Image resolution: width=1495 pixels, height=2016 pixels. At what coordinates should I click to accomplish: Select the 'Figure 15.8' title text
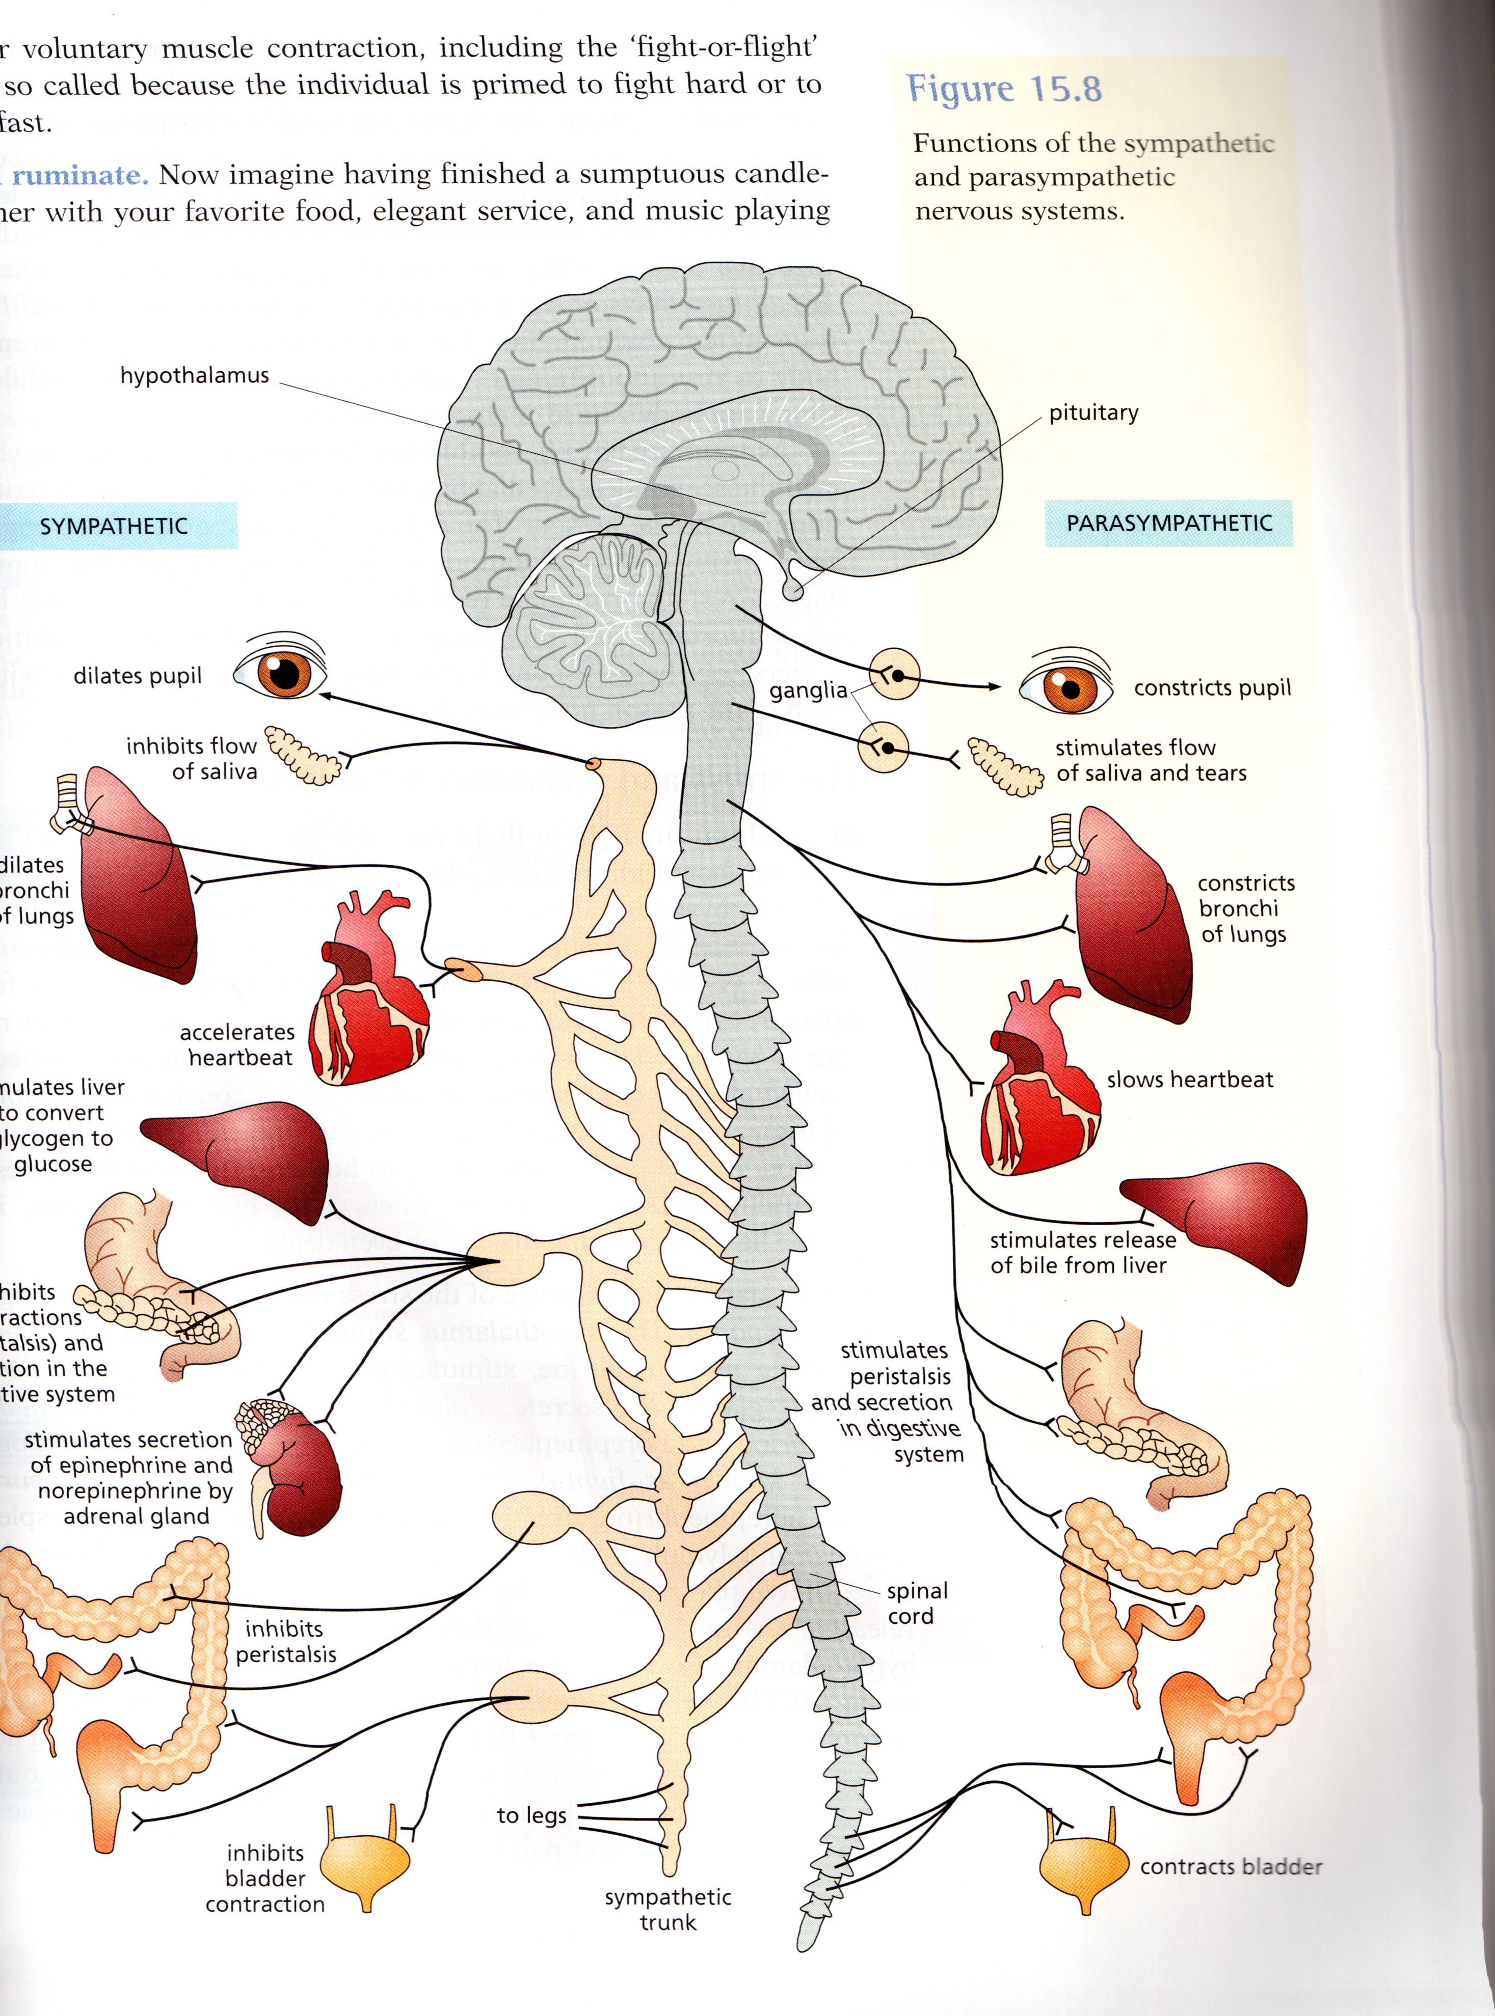coord(1004,89)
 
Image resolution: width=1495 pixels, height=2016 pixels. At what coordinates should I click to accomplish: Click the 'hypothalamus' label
coord(195,375)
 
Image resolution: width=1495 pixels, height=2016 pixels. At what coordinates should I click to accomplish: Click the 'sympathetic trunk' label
coord(668,1909)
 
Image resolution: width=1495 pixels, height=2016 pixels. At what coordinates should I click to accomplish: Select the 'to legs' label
coord(531,1814)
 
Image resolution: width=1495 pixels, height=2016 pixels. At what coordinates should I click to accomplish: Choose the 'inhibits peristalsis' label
coord(285,1642)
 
